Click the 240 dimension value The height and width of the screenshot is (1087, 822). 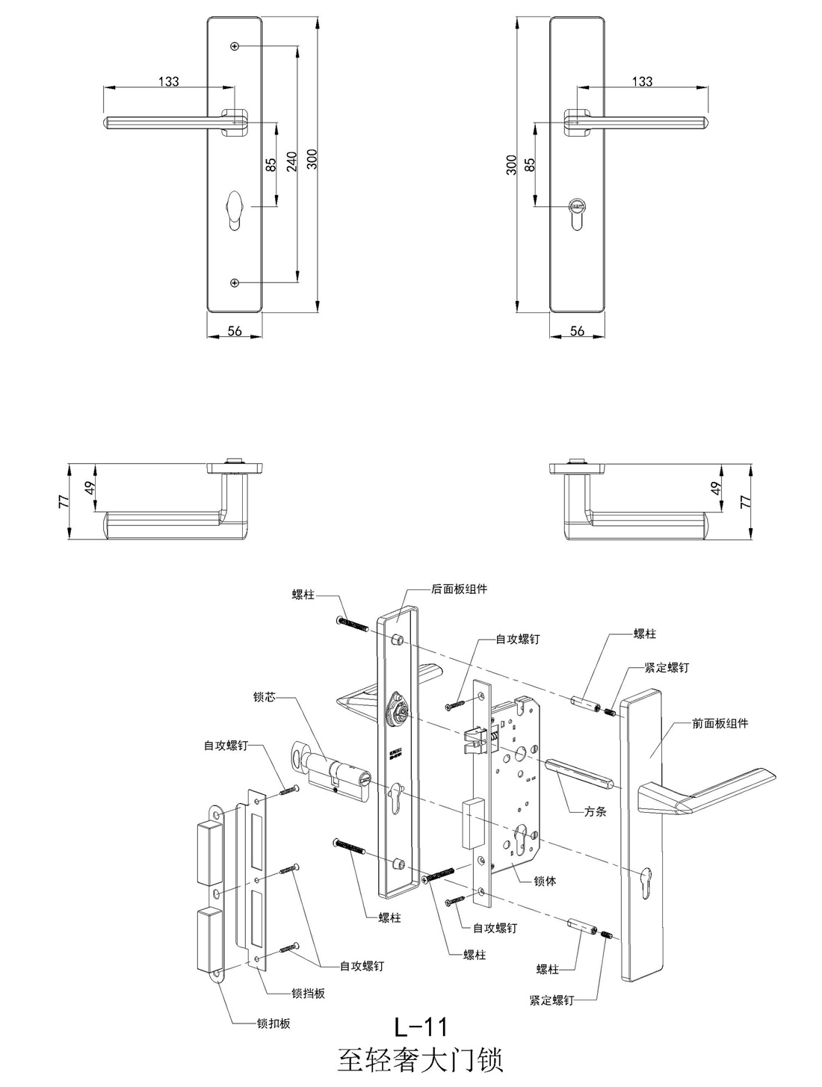click(x=292, y=161)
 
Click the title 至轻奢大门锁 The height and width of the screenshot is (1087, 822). click(x=421, y=1061)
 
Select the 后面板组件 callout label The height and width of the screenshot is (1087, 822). click(x=459, y=589)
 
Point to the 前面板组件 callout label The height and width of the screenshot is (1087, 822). click(x=720, y=723)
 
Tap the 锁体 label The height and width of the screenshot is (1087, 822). click(x=546, y=881)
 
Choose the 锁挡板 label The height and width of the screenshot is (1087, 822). click(x=308, y=994)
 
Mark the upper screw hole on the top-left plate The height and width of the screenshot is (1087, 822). click(x=235, y=47)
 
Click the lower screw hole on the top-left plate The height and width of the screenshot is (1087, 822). click(x=235, y=283)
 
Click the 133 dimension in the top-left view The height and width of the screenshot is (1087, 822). click(x=169, y=81)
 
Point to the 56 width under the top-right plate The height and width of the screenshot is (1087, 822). click(x=577, y=331)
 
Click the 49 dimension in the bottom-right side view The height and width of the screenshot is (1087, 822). click(x=714, y=489)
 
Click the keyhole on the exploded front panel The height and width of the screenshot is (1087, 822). click(x=647, y=874)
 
